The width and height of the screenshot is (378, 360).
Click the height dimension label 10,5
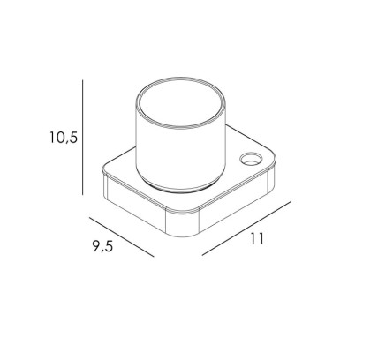click(64, 138)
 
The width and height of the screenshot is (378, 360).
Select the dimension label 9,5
click(102, 246)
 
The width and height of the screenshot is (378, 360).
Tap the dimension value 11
click(257, 238)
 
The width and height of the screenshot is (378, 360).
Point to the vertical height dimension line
click(83, 137)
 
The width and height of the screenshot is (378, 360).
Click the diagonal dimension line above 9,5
click(122, 236)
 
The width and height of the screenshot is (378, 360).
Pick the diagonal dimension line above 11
click(246, 229)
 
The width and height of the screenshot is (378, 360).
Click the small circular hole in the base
click(250, 159)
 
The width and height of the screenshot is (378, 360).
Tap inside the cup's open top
click(181, 102)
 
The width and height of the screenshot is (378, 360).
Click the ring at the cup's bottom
click(180, 188)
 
